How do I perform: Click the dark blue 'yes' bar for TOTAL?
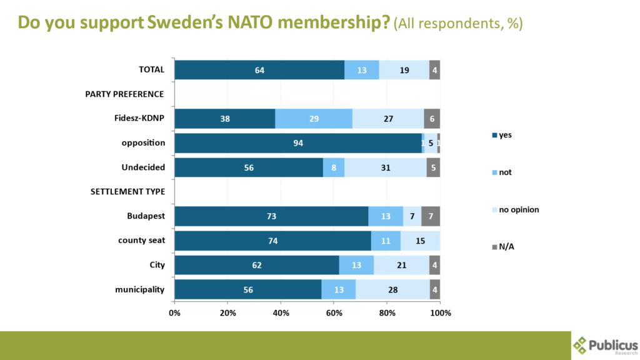click(x=259, y=70)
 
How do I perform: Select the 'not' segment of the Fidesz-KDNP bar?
click(x=314, y=119)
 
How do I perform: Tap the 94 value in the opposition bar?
click(x=298, y=143)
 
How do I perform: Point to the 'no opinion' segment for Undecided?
click(x=385, y=167)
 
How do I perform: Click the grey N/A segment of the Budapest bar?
click(x=431, y=216)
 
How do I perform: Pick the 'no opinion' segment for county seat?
click(x=420, y=241)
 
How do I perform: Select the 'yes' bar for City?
click(x=257, y=265)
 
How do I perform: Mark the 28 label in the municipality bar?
click(x=392, y=289)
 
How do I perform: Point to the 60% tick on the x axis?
click(x=334, y=312)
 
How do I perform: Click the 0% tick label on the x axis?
click(x=175, y=312)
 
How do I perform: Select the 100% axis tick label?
click(x=440, y=312)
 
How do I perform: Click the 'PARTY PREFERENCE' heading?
click(x=124, y=94)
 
